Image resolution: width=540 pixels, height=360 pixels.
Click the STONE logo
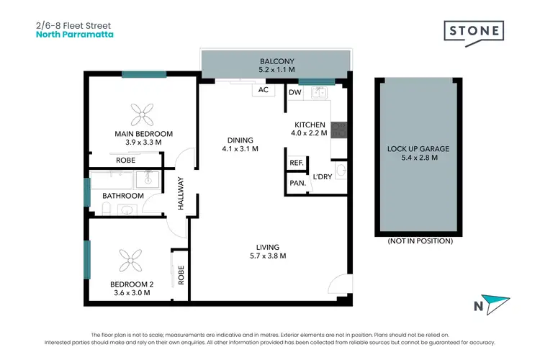click(474, 32)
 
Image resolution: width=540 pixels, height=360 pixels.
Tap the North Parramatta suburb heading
click(74, 34)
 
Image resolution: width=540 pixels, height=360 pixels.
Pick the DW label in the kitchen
click(294, 92)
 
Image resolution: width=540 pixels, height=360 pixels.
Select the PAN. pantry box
click(297, 184)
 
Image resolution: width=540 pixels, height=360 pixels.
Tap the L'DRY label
click(320, 176)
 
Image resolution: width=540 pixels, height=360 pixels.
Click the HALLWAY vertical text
click(182, 194)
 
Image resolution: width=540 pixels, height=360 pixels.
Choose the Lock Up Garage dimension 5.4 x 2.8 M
click(418, 158)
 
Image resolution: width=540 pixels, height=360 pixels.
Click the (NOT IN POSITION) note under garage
click(420, 241)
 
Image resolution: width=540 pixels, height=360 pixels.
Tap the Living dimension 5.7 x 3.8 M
click(267, 256)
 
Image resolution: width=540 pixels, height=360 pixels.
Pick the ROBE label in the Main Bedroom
click(126, 160)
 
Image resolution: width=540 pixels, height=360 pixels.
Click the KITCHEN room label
click(310, 125)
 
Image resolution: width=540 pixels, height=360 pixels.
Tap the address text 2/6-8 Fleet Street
click(71, 24)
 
